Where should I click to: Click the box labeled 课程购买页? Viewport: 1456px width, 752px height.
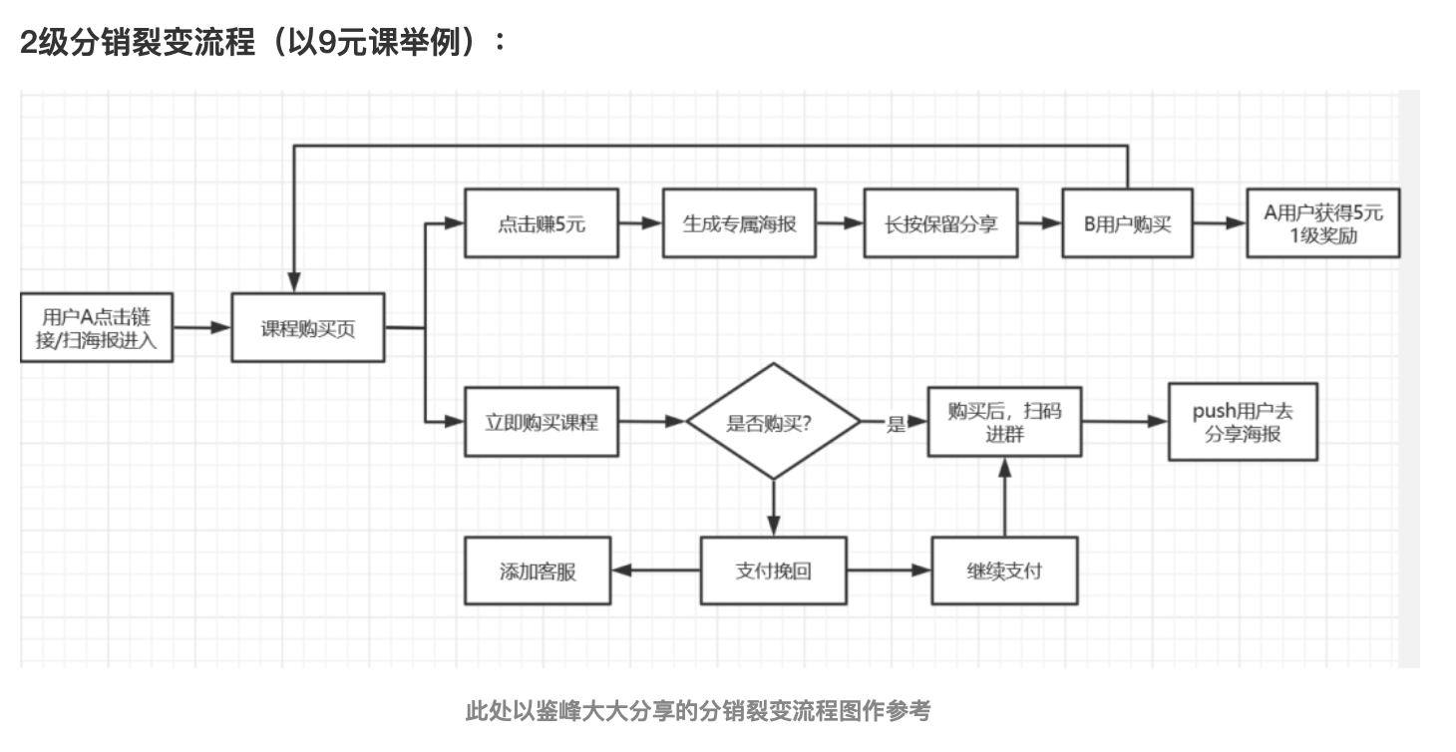(x=308, y=327)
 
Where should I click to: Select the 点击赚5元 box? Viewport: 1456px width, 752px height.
(x=542, y=223)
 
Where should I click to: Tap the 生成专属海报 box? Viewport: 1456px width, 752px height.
(x=739, y=223)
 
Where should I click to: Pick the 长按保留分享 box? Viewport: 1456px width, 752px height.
(x=940, y=223)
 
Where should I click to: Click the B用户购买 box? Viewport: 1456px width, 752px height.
(x=1127, y=223)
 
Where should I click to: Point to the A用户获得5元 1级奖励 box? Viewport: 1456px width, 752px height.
(x=1323, y=223)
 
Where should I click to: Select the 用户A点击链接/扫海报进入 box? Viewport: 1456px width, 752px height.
(x=96, y=328)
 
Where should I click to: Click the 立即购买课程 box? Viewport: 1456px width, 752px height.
(x=542, y=422)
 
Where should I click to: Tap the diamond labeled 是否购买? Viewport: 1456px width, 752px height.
(x=773, y=422)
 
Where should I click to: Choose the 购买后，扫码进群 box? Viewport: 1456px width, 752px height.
(x=1004, y=422)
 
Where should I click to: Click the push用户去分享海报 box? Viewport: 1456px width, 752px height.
(x=1243, y=422)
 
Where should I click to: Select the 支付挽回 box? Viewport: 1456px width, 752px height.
(x=773, y=571)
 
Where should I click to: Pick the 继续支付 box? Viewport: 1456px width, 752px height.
(x=1004, y=571)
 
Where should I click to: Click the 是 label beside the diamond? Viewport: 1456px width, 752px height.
(x=896, y=424)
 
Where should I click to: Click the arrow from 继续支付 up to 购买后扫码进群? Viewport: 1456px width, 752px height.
(x=1004, y=499)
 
